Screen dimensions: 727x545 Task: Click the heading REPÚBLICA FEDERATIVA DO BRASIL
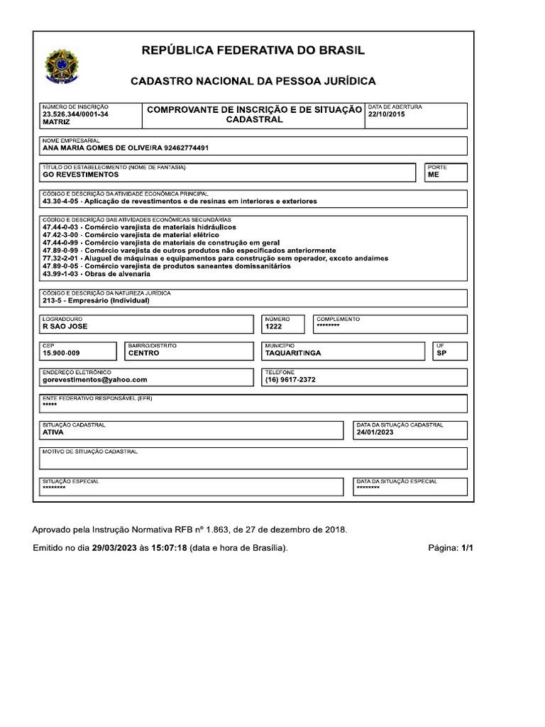point(253,50)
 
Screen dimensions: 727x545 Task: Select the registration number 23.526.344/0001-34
point(75,114)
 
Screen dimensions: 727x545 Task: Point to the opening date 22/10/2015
point(387,114)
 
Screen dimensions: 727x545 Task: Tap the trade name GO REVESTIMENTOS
point(81,175)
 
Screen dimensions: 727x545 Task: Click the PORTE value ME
point(434,175)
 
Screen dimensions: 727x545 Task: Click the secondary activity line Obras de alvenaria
point(97,274)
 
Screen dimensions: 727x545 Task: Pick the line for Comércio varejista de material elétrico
point(131,235)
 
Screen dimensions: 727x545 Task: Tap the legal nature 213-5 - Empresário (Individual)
point(96,300)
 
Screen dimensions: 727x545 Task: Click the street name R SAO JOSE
point(65,327)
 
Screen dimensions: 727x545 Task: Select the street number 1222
point(274,327)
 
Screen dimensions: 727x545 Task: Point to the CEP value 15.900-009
point(62,353)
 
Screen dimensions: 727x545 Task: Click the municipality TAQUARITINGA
point(293,353)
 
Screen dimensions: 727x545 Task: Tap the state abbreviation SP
point(441,353)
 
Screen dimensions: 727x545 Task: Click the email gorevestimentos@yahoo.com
point(95,380)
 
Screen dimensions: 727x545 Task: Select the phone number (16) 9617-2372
point(290,380)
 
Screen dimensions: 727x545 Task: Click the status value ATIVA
point(53,432)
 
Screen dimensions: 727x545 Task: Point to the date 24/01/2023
point(375,432)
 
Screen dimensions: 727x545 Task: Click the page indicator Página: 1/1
point(451,549)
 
